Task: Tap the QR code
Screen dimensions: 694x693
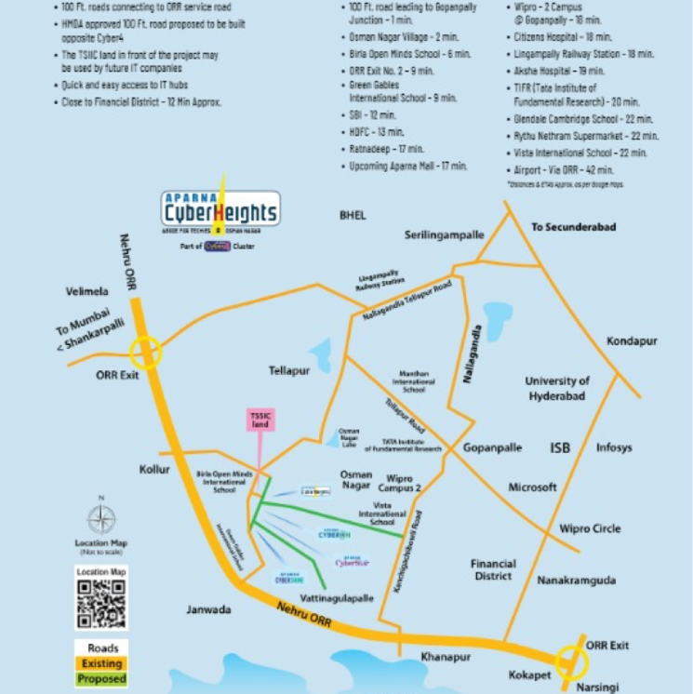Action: click(x=100, y=603)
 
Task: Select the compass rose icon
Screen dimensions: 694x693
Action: click(x=101, y=519)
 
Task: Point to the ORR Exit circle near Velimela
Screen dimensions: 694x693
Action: click(x=146, y=353)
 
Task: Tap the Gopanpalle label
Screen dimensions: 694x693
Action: click(x=492, y=447)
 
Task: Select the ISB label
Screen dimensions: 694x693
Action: click(x=560, y=447)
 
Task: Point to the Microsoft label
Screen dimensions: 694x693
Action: click(x=532, y=487)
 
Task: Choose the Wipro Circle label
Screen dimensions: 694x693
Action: click(x=590, y=528)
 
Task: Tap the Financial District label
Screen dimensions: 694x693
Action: click(x=492, y=570)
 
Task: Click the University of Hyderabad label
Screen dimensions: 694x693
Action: click(x=557, y=388)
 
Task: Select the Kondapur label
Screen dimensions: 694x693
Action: click(x=632, y=341)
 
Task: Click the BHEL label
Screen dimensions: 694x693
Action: click(x=353, y=215)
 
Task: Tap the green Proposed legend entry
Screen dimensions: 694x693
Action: click(x=100, y=679)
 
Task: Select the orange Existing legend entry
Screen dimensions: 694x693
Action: click(x=100, y=663)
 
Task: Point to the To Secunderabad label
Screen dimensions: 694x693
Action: click(x=573, y=226)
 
